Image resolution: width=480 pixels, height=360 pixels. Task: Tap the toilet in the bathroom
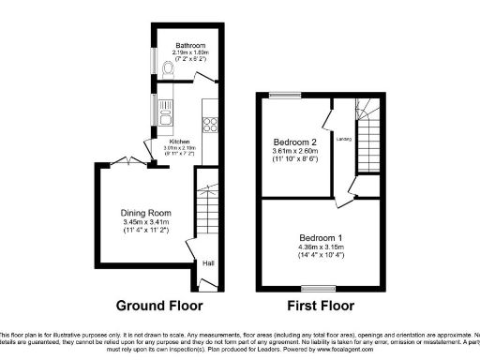tap(167, 68)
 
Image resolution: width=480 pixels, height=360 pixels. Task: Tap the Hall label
tap(208, 263)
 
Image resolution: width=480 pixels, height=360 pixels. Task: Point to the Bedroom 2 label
tap(291, 142)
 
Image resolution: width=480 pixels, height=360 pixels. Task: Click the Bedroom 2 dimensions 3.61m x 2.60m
tap(291, 152)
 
